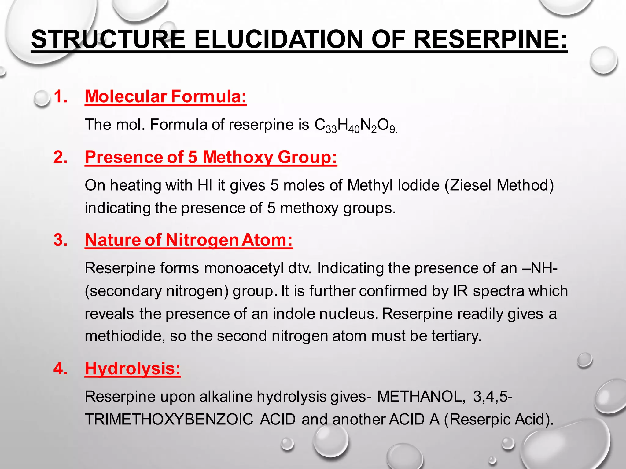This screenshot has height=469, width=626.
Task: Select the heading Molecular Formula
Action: pyautogui.click(x=166, y=96)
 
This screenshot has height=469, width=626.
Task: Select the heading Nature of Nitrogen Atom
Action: pyautogui.click(x=189, y=240)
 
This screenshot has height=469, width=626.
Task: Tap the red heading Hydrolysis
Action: pyautogui.click(x=133, y=368)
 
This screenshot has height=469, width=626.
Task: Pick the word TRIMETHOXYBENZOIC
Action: pyautogui.click(x=169, y=419)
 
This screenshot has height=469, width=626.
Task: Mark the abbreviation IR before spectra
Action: pyautogui.click(x=460, y=291)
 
